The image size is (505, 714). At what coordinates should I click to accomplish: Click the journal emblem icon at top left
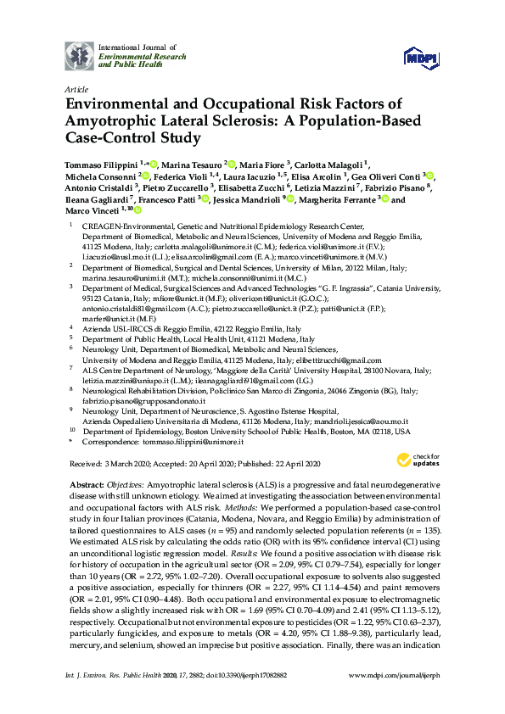[x=81, y=56]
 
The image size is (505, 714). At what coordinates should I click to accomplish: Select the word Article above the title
[x=76, y=88]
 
